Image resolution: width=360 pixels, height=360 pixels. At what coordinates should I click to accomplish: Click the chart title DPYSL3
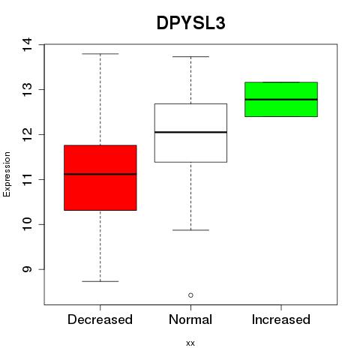pos(191,23)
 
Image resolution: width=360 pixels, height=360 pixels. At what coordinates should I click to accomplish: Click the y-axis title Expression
pos(7,174)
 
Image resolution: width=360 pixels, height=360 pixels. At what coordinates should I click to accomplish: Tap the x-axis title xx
pos(190,343)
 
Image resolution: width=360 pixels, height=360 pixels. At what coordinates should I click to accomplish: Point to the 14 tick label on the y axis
pos(27,44)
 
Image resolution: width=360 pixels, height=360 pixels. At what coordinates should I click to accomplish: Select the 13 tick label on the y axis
pos(27,89)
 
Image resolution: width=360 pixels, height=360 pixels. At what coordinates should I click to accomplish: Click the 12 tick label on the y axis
pos(27,134)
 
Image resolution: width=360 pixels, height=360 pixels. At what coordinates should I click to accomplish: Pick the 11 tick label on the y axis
pos(27,179)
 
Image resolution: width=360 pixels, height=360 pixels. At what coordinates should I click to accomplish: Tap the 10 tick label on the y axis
pos(27,224)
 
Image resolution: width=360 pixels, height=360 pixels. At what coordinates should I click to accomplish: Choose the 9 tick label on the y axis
pos(27,269)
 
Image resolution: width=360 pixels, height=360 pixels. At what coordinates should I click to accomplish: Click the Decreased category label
pos(100,319)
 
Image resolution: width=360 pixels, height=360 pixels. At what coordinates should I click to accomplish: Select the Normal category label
pos(190,319)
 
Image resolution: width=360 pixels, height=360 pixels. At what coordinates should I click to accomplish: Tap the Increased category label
pos(281,319)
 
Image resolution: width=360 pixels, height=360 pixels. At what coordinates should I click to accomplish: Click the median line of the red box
pos(100,174)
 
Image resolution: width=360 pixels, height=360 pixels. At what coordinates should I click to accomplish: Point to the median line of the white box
pos(190,132)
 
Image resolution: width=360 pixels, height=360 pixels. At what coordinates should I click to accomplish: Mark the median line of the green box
pos(281,100)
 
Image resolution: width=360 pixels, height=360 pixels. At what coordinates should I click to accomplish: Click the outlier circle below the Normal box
pos(190,295)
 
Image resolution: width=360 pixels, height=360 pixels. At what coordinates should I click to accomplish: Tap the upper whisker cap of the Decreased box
pos(100,54)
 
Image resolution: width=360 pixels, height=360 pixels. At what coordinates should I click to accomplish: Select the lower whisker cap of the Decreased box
pos(100,281)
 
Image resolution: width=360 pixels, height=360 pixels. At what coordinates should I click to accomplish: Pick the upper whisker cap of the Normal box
pos(190,57)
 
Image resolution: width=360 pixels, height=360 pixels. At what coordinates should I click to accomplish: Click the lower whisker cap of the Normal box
pos(190,230)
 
